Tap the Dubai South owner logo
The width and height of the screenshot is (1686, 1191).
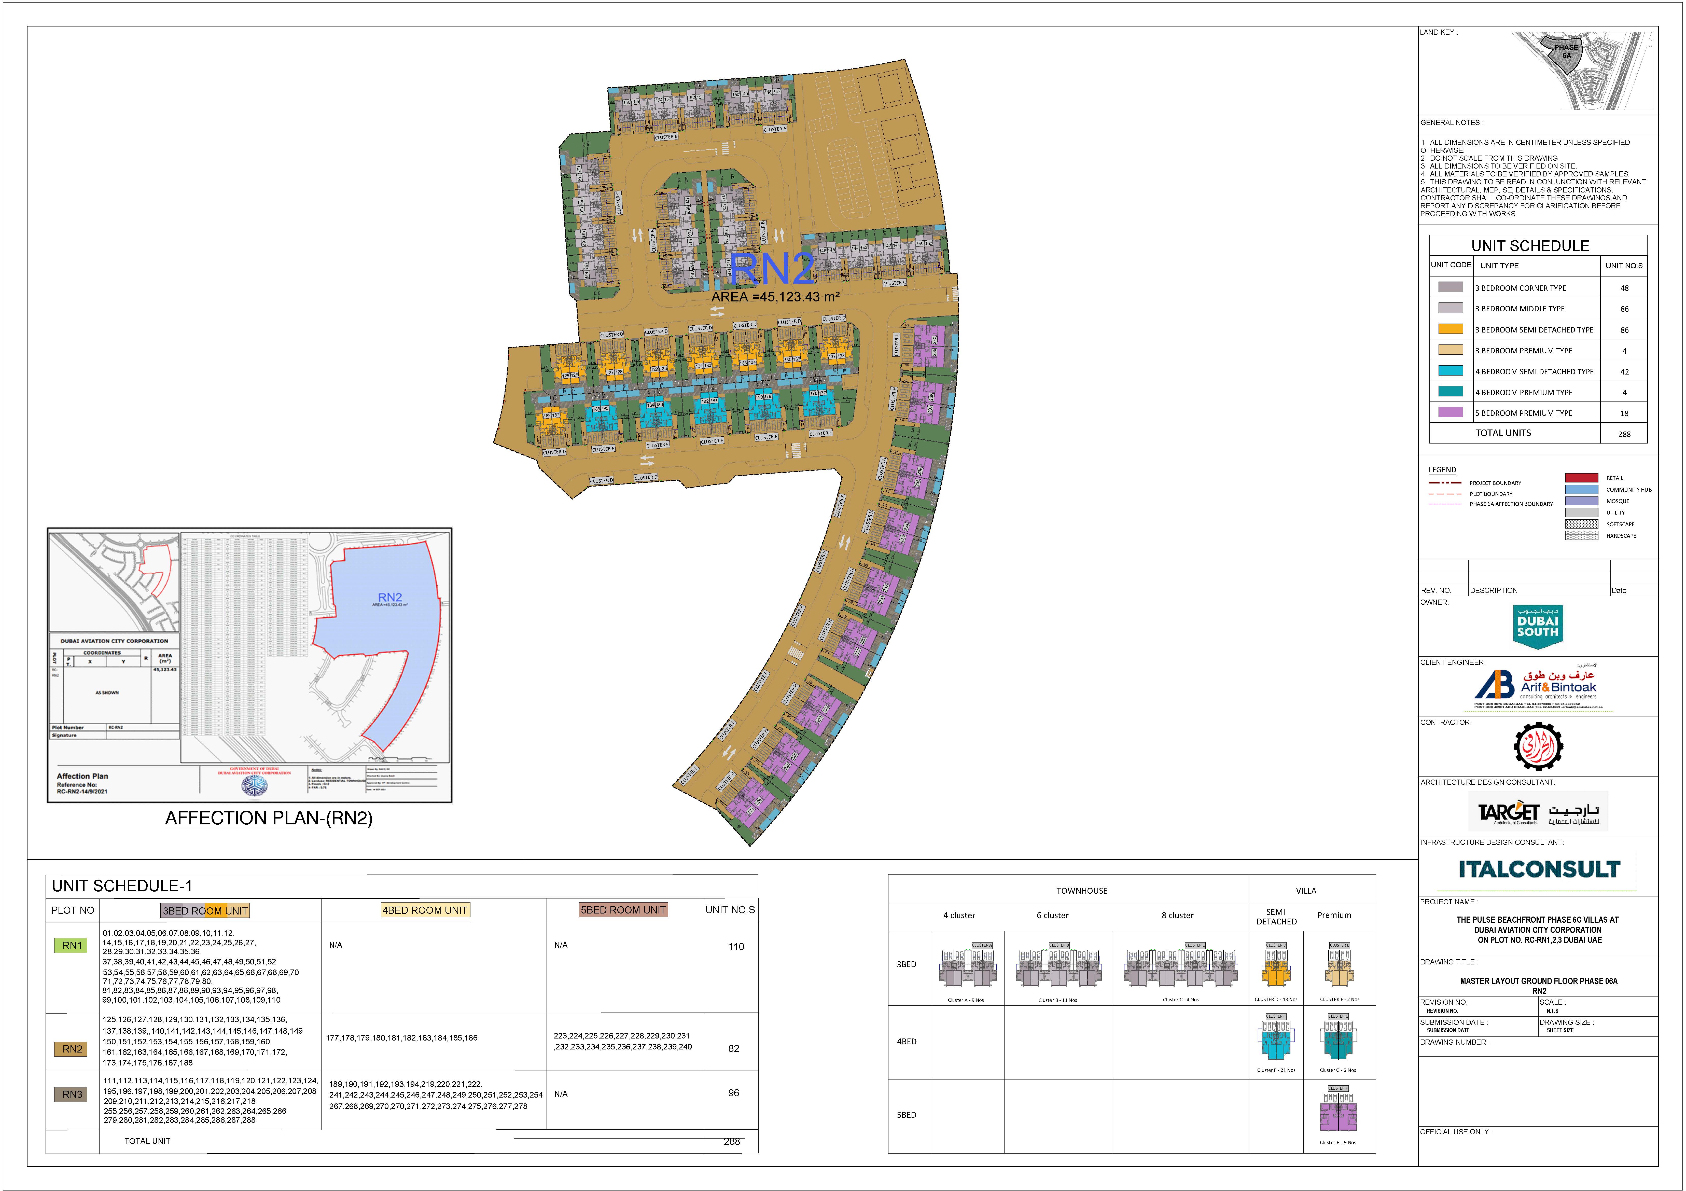[1538, 626]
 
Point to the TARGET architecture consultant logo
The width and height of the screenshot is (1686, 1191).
[1538, 811]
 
